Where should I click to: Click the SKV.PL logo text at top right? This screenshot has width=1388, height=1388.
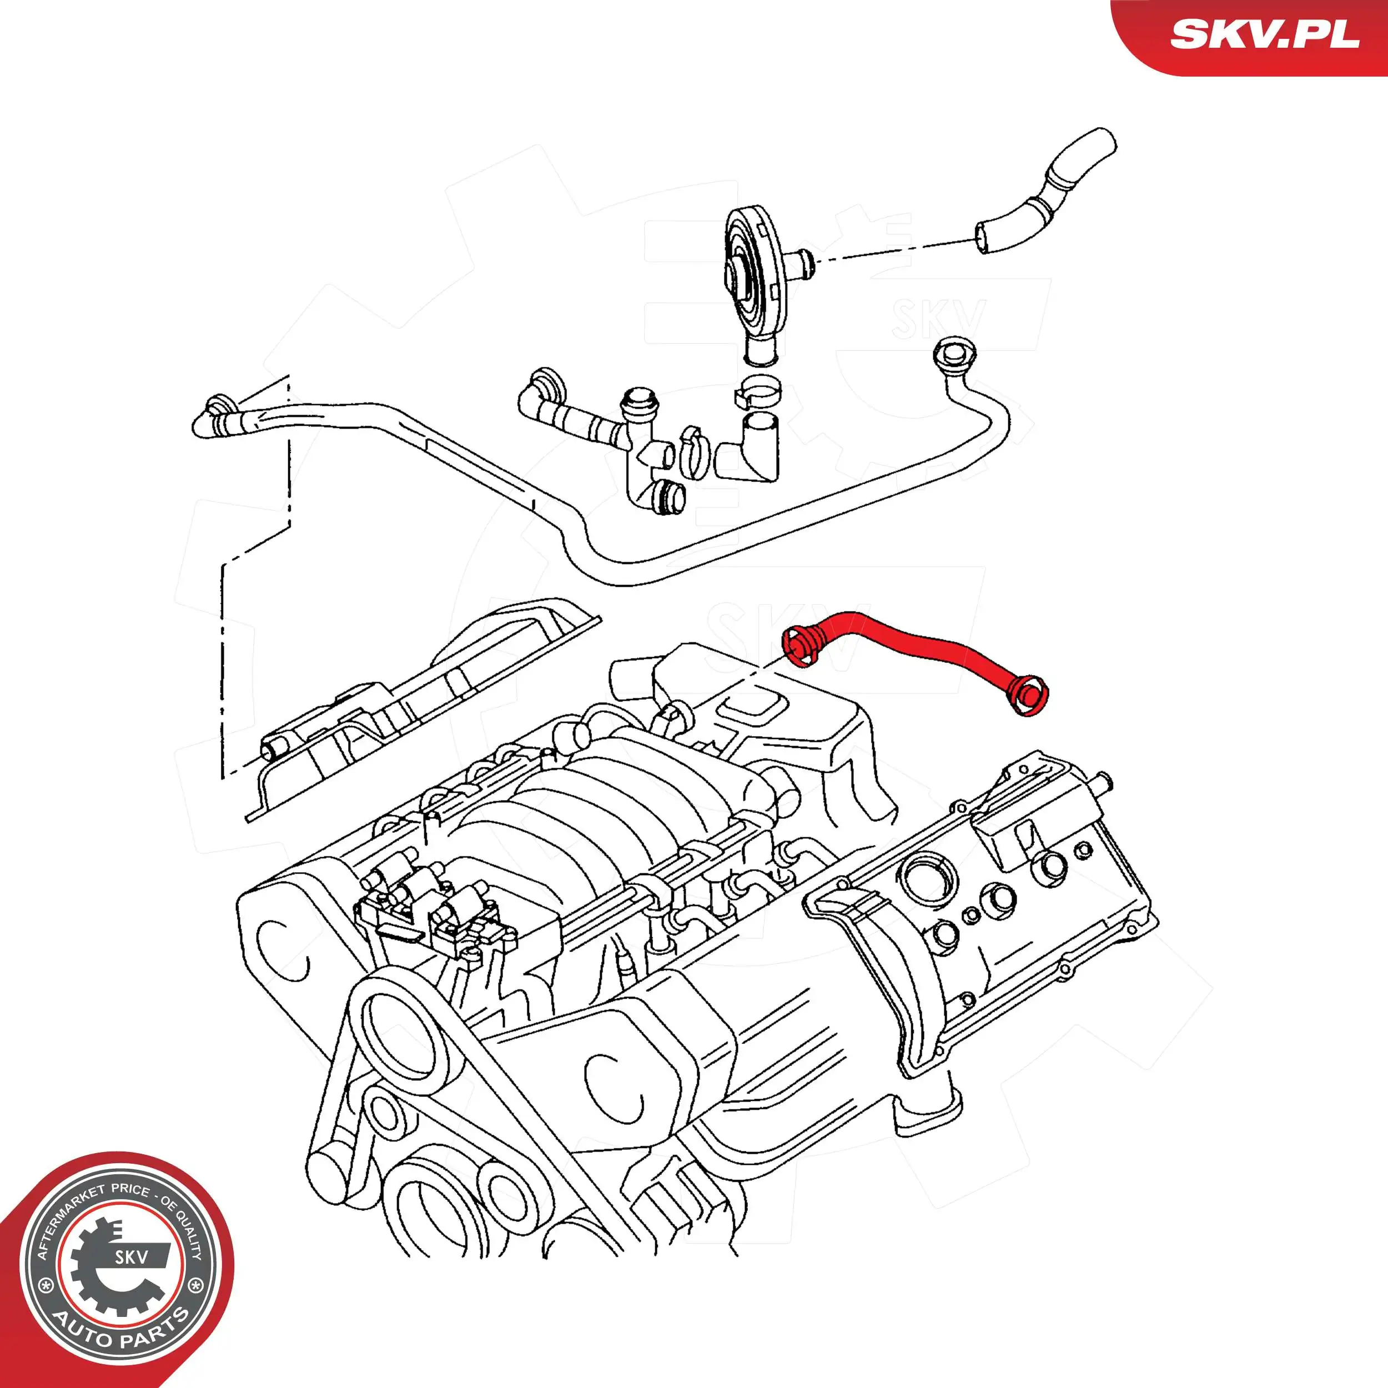pyautogui.click(x=1264, y=34)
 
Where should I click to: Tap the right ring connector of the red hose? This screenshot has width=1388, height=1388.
pyautogui.click(x=1029, y=694)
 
